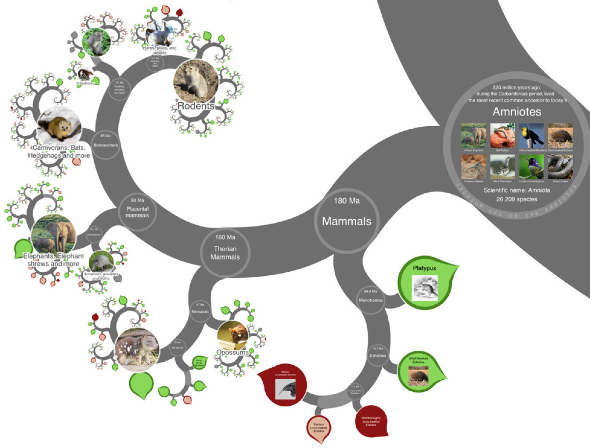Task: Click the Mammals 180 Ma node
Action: click(347, 220)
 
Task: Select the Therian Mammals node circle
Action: click(225, 253)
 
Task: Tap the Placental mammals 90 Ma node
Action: click(137, 211)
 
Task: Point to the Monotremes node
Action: click(371, 300)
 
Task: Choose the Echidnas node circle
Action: click(378, 355)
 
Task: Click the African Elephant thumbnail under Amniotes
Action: click(473, 135)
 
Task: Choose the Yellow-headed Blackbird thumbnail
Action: click(531, 135)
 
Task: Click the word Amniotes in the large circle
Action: click(517, 112)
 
